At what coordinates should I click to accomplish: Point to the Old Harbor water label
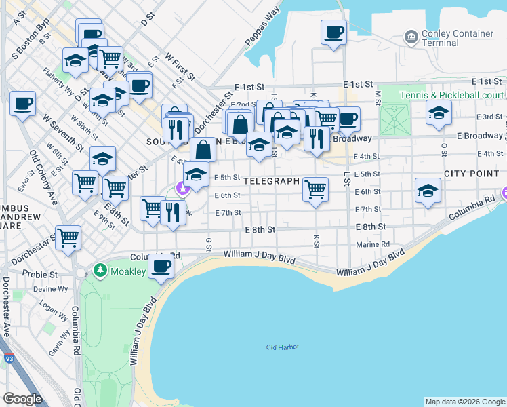point(283,348)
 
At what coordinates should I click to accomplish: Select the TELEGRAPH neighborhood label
point(271,182)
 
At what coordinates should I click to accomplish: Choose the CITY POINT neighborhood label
point(471,174)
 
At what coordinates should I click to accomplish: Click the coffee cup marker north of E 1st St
point(333,32)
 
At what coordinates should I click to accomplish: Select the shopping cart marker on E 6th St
point(315,189)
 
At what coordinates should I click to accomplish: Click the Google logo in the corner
point(22,399)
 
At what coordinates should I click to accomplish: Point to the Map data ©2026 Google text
point(465,402)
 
